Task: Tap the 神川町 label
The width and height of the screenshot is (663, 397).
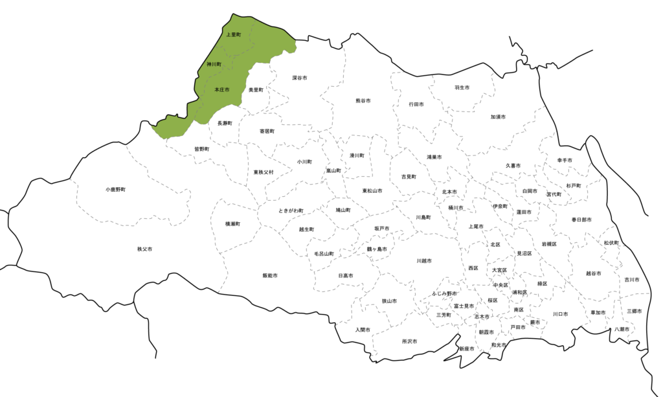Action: [x=214, y=65]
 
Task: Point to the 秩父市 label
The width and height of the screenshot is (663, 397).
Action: [x=144, y=249]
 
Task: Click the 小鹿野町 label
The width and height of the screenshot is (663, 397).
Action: [x=115, y=190]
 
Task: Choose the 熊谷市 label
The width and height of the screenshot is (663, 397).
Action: [x=363, y=101]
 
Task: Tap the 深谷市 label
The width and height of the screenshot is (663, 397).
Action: [x=299, y=78]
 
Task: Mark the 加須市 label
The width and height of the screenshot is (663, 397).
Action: [x=498, y=117]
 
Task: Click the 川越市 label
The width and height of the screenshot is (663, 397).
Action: [x=424, y=260]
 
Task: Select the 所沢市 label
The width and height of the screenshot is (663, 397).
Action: [x=409, y=341]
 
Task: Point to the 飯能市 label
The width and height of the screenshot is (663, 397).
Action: [x=270, y=275]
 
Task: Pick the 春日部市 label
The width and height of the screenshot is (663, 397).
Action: [x=581, y=220]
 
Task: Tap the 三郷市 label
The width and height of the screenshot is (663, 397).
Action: [x=634, y=312]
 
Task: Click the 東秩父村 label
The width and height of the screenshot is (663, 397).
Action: [x=264, y=172]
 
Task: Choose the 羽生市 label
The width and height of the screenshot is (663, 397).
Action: [x=462, y=87]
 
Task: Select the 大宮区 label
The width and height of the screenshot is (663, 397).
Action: [x=499, y=270]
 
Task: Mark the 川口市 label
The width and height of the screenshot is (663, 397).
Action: [x=560, y=314]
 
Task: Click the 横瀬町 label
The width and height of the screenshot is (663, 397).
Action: [x=232, y=223]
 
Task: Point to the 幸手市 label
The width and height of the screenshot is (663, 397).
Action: [x=565, y=160]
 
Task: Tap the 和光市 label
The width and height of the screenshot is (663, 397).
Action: [x=499, y=345]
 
